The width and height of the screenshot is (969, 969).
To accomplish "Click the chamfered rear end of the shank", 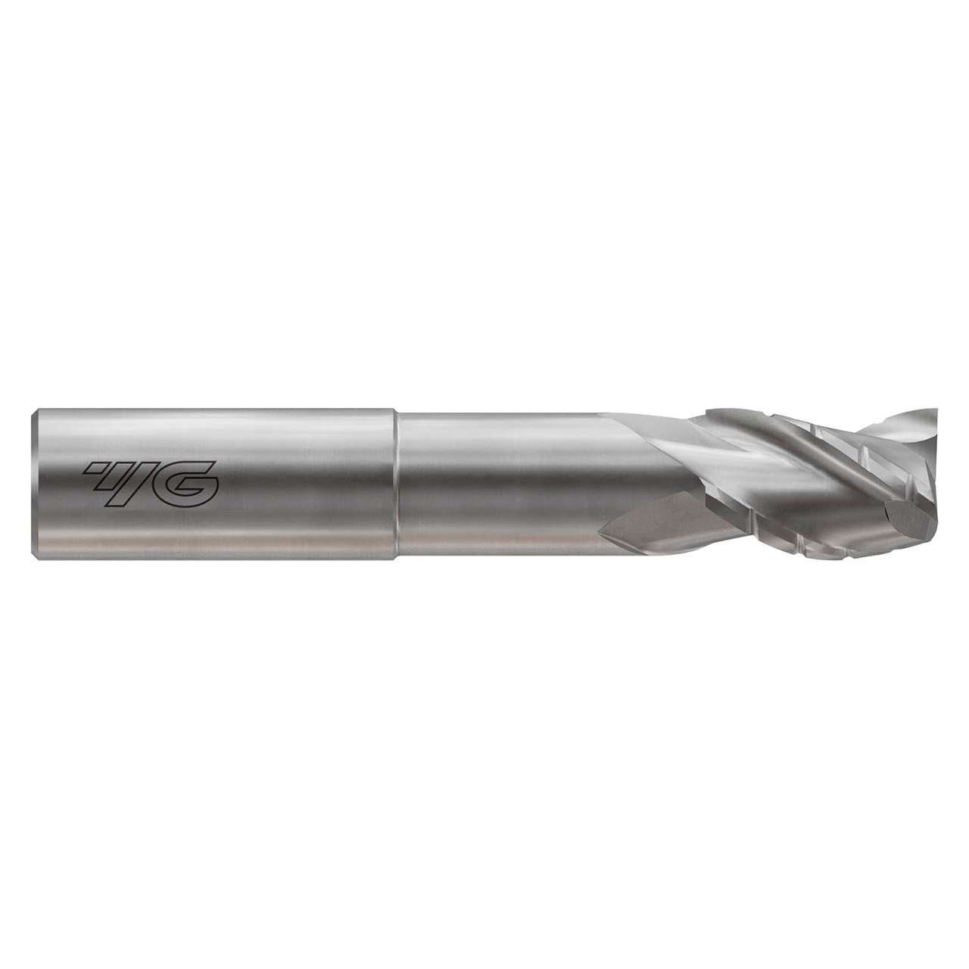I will point(35,484).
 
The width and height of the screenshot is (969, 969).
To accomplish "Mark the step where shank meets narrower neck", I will point(396,484).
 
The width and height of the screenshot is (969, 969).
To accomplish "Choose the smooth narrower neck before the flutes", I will point(492,484).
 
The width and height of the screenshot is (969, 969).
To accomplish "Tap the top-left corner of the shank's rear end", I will point(33,413).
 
